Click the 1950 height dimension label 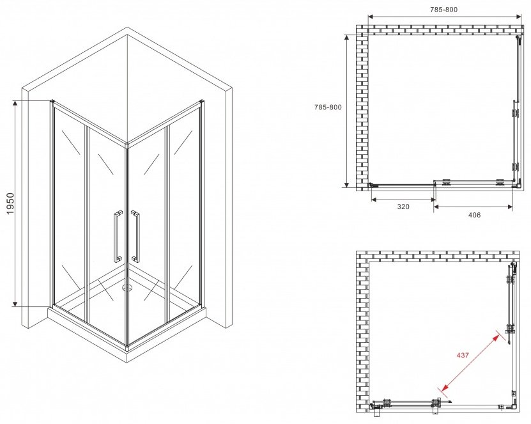coord(10,203)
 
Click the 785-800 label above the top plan coord(443,10)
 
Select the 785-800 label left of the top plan coord(328,107)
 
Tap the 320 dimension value coord(403,207)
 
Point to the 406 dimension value coord(474,215)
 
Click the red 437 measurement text coord(463,355)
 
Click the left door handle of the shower coord(118,236)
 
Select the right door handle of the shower coord(135,236)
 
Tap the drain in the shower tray coord(127,288)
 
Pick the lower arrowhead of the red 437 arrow coord(444,388)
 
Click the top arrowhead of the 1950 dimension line coord(15,104)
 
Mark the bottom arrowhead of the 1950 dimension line coord(15,303)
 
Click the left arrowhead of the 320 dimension coord(374,200)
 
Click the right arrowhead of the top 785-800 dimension coord(518,16)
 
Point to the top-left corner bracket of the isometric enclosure coord(52,101)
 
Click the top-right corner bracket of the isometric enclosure coord(202,101)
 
